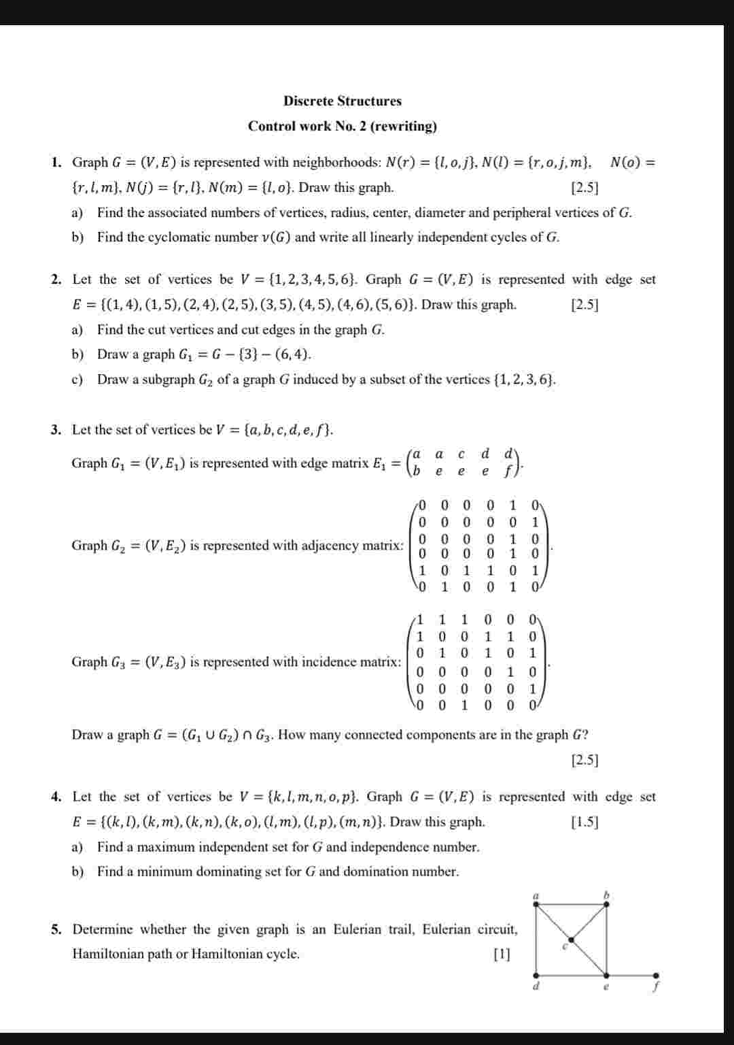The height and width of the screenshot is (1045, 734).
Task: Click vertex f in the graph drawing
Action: coord(657,974)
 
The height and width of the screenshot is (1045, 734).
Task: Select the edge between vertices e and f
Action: coord(631,974)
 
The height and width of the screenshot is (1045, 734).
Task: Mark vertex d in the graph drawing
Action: coord(536,974)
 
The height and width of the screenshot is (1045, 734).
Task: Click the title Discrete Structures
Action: coord(343,101)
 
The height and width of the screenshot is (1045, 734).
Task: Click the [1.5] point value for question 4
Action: coord(584,822)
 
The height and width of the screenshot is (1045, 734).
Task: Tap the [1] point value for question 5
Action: coord(502,954)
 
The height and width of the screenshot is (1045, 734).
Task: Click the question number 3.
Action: coord(56,430)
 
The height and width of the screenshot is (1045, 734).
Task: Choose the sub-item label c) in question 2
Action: coord(77,380)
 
